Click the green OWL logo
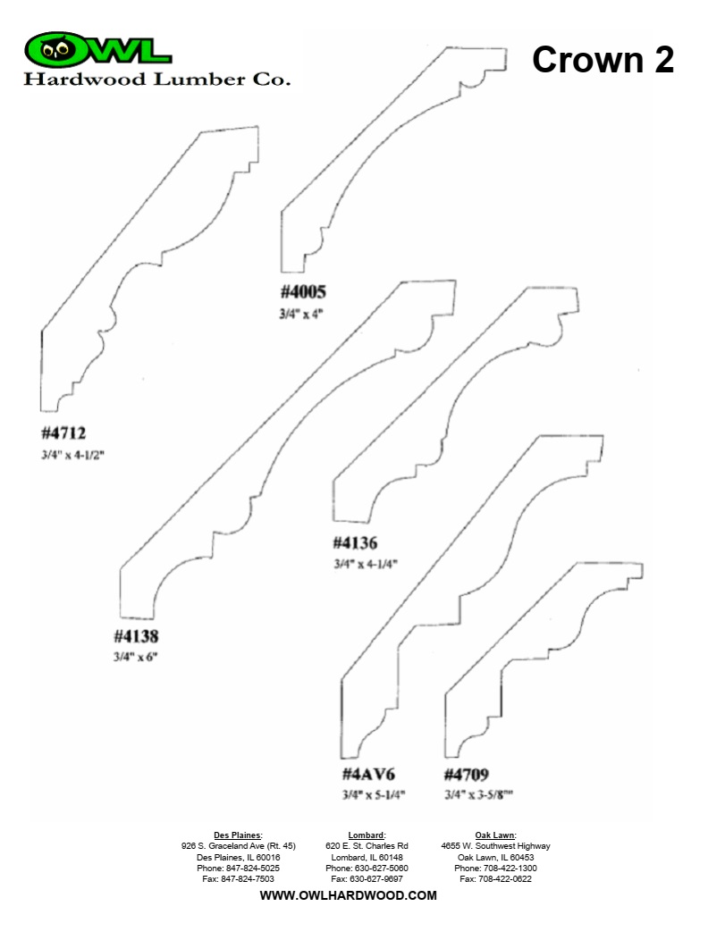97,49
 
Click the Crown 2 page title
603,60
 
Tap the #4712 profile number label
63,432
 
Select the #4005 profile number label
303,292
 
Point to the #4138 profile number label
136,635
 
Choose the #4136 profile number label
356,543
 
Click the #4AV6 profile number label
368,774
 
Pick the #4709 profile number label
467,775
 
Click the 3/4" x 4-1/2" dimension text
72,455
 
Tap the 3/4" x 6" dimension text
136,657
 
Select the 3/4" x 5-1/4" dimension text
374,795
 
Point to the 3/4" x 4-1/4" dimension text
366,564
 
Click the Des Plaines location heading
238,835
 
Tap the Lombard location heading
367,835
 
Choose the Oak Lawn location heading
495,835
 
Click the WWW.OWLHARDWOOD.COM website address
348,895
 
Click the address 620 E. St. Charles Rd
367,846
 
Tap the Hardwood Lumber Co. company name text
157,80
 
